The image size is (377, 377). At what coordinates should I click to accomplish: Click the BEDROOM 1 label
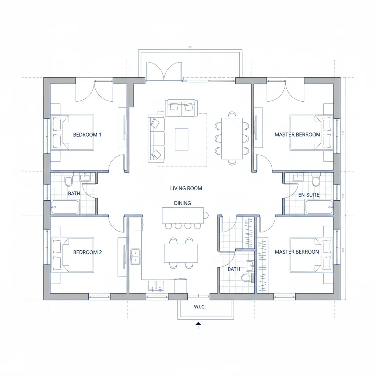[87, 135]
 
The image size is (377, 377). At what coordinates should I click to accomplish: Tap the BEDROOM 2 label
[87, 252]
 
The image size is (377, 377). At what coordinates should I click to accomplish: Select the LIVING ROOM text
[186, 188]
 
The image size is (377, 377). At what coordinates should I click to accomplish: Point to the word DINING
[182, 203]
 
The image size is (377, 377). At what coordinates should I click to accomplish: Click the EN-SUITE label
[309, 194]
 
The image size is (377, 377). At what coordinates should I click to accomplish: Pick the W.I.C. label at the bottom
[200, 306]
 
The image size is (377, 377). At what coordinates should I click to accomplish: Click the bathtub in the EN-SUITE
[319, 207]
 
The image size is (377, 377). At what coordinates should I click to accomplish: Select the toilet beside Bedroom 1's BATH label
[68, 181]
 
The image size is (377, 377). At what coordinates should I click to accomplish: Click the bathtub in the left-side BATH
[65, 207]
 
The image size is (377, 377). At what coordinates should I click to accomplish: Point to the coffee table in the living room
[182, 139]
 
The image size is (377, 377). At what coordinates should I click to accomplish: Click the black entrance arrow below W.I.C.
[198, 324]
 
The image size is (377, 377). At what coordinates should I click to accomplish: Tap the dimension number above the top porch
[190, 47]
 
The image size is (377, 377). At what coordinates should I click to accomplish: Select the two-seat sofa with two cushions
[181, 108]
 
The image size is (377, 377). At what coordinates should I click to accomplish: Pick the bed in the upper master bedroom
[311, 133]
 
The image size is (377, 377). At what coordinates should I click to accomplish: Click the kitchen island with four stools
[183, 215]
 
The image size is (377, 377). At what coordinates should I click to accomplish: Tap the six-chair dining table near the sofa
[232, 138]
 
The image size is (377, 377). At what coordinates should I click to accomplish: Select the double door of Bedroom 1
[94, 91]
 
